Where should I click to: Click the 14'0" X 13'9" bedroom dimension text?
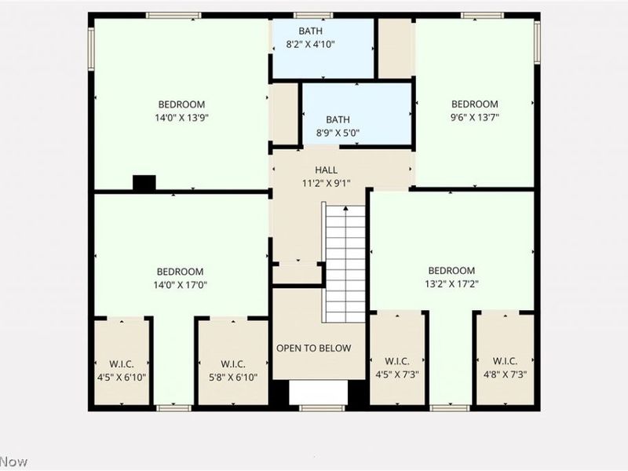pyautogui.click(x=181, y=118)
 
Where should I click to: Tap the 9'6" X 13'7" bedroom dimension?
pyautogui.click(x=474, y=118)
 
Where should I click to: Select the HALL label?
pyautogui.click(x=326, y=170)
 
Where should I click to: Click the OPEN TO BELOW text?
pyautogui.click(x=313, y=348)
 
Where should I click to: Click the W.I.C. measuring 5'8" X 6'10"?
pyautogui.click(x=233, y=370)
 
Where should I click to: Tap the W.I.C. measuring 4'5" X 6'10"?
pyautogui.click(x=121, y=370)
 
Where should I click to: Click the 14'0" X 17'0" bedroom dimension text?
pyautogui.click(x=180, y=285)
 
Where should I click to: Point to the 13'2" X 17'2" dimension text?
pyautogui.click(x=451, y=284)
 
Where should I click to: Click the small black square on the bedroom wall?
pyautogui.click(x=144, y=183)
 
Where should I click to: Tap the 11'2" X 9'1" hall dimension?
pyautogui.click(x=326, y=183)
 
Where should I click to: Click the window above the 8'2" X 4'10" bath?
pyautogui.click(x=313, y=15)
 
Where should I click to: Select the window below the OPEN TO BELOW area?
pyautogui.click(x=322, y=407)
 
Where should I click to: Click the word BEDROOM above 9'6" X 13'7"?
pyautogui.click(x=474, y=104)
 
